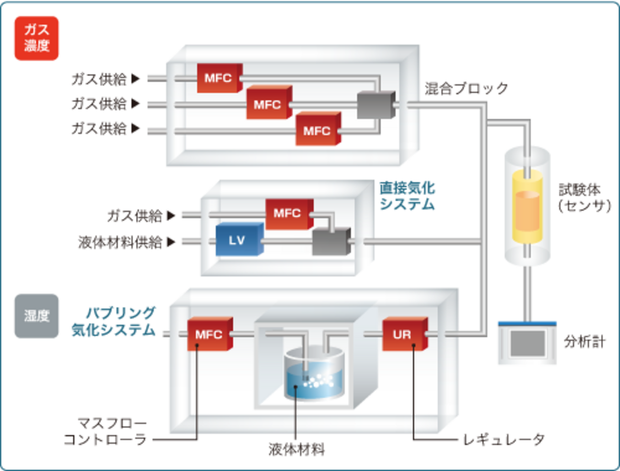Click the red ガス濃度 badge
tap(36, 38)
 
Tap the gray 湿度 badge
tap(36, 316)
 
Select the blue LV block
tap(238, 240)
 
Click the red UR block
tap(404, 334)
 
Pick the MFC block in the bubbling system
tap(209, 334)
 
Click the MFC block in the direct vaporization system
tap(288, 213)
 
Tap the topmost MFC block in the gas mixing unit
tap(219, 78)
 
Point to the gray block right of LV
tap(331, 241)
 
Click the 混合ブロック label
tap(467, 88)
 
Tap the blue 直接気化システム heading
tap(407, 195)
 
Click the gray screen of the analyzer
tap(527, 342)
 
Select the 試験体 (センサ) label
tap(584, 197)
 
